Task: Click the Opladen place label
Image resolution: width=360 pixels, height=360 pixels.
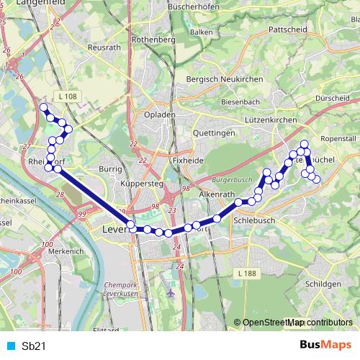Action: tap(159, 114)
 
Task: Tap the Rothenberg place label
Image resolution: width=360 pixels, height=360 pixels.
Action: tap(154, 40)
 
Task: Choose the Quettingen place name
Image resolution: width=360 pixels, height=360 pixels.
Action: tap(215, 133)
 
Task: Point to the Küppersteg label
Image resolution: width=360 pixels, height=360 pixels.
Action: tap(143, 185)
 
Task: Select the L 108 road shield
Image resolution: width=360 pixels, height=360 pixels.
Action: tap(68, 96)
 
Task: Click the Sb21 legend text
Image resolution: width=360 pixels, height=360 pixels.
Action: tap(34, 346)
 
